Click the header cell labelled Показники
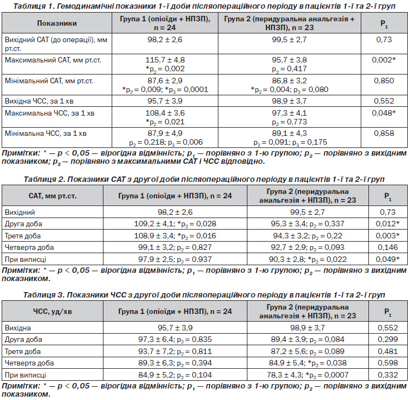pos(57,24)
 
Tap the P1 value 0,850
pos(384,81)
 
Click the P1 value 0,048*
pos(384,113)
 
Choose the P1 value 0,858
pos(384,134)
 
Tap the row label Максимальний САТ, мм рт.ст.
pos(53,60)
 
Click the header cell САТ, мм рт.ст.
pos(53,196)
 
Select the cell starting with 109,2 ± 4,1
pos(175,224)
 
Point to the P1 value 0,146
pos(388,247)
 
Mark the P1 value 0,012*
pos(388,224)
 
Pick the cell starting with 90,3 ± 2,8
pos(308,259)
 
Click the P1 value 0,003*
pos(388,236)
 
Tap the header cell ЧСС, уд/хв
pos(53,312)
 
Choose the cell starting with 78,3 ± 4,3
pos(308,375)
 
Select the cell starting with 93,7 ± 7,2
pos(175,352)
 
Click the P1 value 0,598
pos(388,363)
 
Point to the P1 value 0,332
pos(388,375)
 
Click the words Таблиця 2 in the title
pos(43,179)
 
